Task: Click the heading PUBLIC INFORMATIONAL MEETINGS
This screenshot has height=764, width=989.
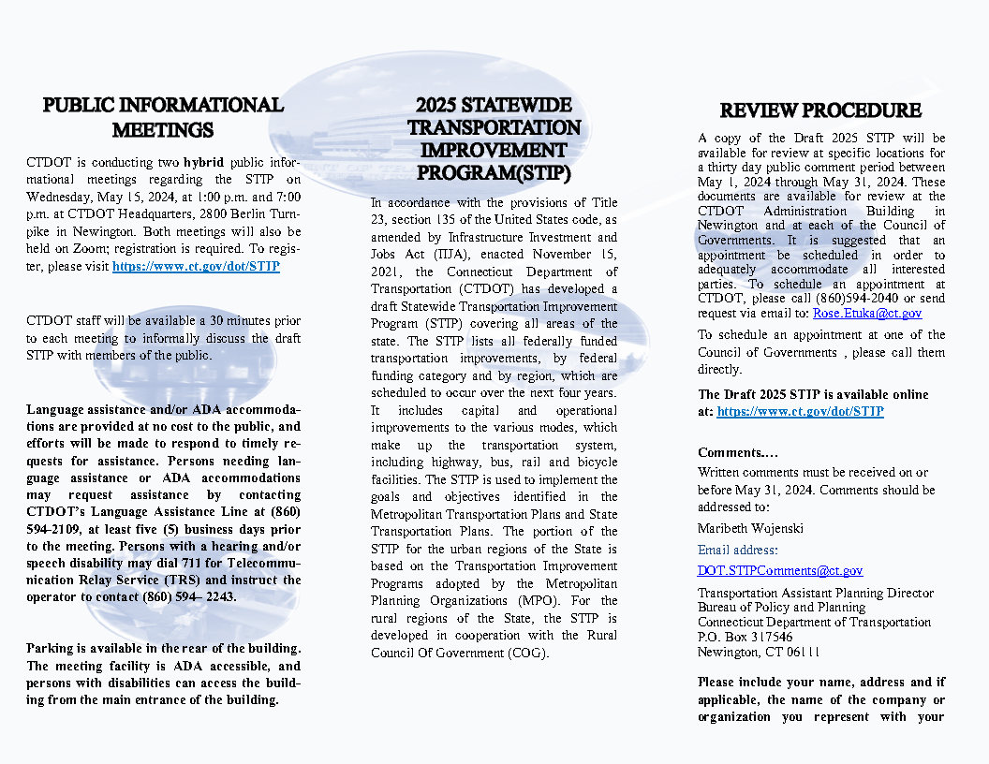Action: tap(163, 117)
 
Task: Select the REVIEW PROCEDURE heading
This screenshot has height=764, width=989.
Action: tap(820, 110)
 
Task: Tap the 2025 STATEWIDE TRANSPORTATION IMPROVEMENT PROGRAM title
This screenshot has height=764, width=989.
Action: tap(494, 139)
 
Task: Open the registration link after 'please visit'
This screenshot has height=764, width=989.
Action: tap(196, 267)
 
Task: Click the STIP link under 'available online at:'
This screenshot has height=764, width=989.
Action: tap(800, 411)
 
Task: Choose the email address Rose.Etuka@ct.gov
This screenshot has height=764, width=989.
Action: tap(867, 314)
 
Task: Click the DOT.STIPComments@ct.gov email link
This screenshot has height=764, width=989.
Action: tap(780, 570)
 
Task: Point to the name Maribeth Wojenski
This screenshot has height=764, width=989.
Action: tap(750, 528)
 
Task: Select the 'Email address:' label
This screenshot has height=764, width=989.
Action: tap(738, 551)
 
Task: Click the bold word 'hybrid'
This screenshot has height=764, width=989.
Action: tap(203, 162)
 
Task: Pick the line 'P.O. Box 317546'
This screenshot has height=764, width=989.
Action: tap(745, 638)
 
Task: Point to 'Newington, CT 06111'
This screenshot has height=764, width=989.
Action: tap(759, 653)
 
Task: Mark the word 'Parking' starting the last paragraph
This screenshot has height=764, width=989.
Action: tap(52, 649)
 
